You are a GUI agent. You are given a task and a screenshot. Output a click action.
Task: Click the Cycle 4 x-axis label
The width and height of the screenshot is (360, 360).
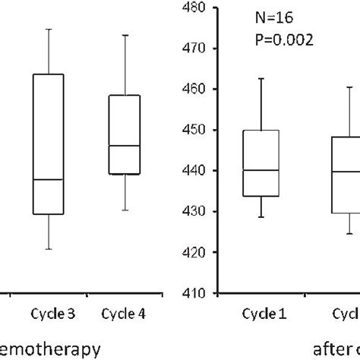(124, 313)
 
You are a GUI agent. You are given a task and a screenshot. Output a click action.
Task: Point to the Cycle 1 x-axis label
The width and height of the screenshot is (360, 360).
(260, 313)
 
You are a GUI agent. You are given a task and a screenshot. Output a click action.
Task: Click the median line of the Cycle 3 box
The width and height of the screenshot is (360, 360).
(48, 179)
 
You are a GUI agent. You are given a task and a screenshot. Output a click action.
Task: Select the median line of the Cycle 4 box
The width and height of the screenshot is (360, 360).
(125, 145)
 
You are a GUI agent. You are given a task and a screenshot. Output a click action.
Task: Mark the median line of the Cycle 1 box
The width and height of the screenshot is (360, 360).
(261, 170)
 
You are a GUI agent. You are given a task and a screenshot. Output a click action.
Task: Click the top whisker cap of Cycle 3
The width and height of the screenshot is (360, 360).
(48, 29)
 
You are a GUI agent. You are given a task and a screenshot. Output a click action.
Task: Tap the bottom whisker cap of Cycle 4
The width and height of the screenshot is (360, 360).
(125, 210)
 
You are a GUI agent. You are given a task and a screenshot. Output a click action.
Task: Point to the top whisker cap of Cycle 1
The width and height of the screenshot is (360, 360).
(261, 78)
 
